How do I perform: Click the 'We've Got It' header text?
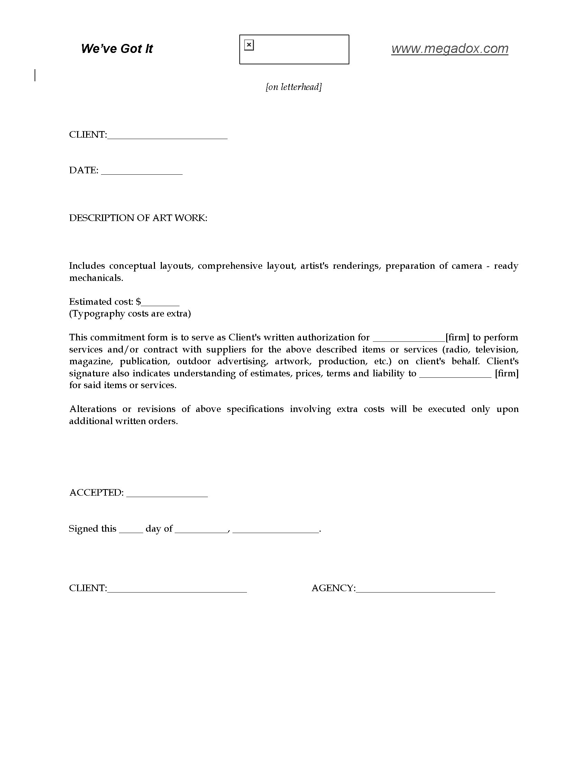coord(117,49)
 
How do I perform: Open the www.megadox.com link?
coord(449,48)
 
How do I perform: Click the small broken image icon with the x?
coord(249,45)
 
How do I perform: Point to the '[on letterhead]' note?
coord(294,87)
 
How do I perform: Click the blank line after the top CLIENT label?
coord(167,136)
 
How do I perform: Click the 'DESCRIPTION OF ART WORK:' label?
coord(138,218)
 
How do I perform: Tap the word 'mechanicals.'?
coord(96,278)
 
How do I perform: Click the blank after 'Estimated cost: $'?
coord(160,302)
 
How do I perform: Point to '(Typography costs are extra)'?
coord(130,314)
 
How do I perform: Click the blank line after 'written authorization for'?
coord(409,338)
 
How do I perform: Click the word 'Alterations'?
coord(93,409)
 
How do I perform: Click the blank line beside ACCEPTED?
coord(167,494)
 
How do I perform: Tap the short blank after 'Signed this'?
coord(131,530)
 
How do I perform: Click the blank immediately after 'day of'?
coord(201,530)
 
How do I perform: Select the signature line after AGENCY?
coord(425,589)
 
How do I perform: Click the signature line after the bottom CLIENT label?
coord(177,589)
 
